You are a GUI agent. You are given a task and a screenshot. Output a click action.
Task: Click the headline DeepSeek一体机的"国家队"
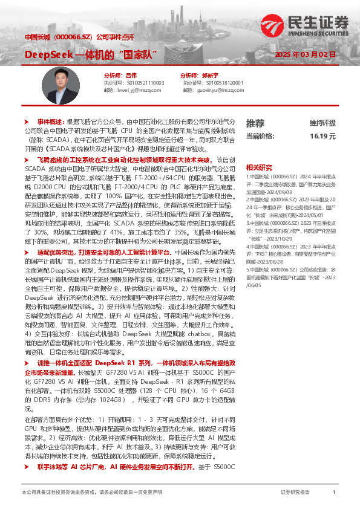point(91,54)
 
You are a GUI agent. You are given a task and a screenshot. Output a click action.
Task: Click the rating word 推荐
point(255,123)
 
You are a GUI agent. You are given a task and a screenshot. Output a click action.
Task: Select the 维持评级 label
point(322,123)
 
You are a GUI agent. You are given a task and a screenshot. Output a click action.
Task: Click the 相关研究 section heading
point(258,167)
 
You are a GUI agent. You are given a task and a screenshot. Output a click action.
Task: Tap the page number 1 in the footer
point(334,492)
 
